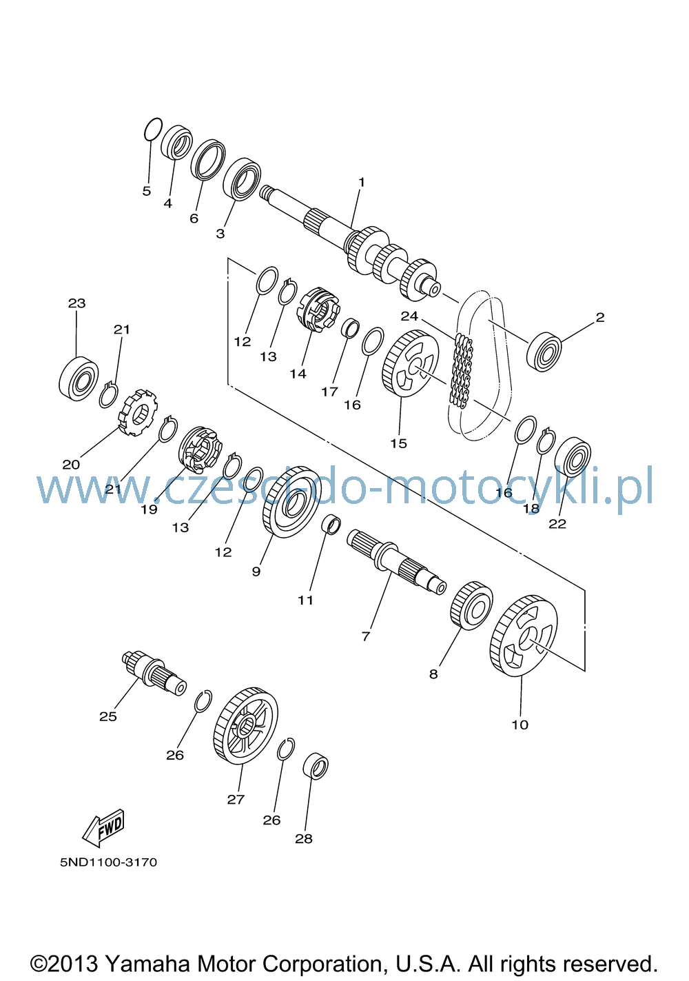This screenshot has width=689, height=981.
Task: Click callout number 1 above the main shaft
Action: click(362, 182)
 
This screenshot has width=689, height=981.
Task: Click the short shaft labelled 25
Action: click(154, 673)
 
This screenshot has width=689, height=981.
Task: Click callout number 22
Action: click(557, 523)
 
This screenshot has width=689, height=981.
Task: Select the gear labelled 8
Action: click(471, 606)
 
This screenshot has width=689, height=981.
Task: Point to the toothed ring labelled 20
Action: click(138, 412)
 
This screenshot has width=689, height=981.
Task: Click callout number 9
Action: click(256, 571)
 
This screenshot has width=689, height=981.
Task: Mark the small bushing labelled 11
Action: click(331, 525)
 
